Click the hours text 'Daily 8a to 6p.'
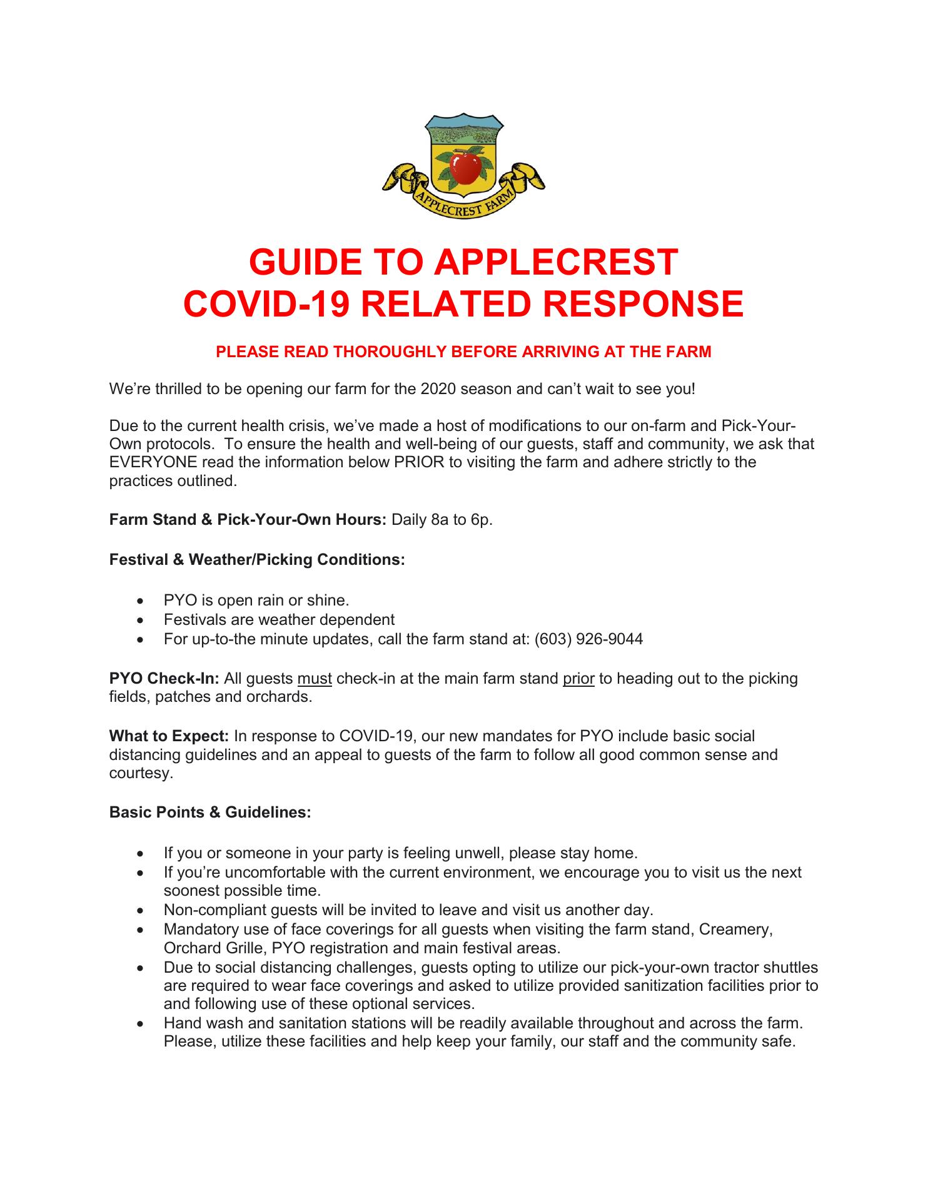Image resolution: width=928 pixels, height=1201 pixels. coord(442,520)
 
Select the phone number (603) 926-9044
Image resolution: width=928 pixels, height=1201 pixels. coord(588,639)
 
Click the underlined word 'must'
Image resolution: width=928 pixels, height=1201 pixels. coord(315,678)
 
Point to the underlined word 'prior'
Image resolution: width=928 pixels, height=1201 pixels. coord(578,678)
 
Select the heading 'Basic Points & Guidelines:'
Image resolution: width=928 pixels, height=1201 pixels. coord(210,813)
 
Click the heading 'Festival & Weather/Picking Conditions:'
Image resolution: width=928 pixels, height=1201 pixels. coord(257,559)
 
